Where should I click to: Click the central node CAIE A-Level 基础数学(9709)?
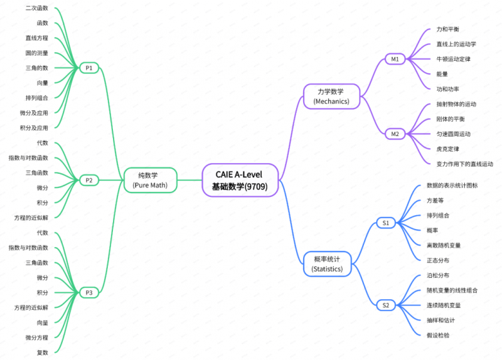(x=240, y=180)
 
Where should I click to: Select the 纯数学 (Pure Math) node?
(x=150, y=180)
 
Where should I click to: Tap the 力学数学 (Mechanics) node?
(x=331, y=97)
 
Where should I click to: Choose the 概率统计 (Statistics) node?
(x=327, y=264)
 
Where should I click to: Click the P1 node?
(x=89, y=68)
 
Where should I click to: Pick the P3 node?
(x=89, y=292)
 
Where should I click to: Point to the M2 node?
(x=395, y=134)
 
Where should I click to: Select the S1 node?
(x=386, y=223)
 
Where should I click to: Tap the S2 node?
(x=386, y=305)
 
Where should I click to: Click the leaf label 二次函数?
(x=37, y=8)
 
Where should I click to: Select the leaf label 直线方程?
(x=37, y=38)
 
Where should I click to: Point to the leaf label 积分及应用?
(x=34, y=128)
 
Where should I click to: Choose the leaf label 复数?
(x=42, y=352)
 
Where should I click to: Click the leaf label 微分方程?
(x=37, y=337)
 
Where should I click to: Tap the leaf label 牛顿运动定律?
(x=453, y=59)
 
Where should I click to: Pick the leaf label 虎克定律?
(x=447, y=149)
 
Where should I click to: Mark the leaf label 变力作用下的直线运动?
(x=465, y=164)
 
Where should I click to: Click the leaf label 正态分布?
(x=438, y=260)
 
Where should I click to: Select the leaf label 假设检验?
(x=438, y=335)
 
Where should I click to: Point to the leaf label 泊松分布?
(x=438, y=275)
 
